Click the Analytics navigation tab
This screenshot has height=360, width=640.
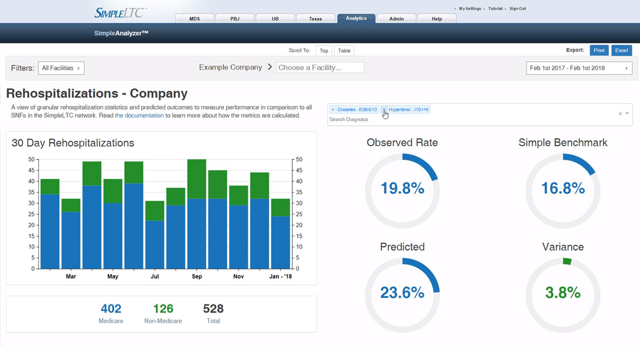click(356, 18)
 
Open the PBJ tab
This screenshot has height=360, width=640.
click(235, 19)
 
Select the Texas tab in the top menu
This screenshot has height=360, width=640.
click(315, 19)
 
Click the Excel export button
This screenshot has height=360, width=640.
click(621, 50)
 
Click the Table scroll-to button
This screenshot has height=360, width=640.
click(344, 51)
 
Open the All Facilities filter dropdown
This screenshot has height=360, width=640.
click(61, 68)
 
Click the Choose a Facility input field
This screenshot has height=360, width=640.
click(320, 68)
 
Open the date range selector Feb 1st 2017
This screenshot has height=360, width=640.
click(579, 68)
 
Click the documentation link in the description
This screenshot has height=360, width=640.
click(139, 115)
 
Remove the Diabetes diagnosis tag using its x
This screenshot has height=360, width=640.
click(333, 109)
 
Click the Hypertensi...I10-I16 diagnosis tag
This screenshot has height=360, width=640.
click(408, 109)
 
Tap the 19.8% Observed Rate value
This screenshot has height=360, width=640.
click(402, 188)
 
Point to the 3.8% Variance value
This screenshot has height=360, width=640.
click(563, 292)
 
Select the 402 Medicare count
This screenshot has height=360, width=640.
click(111, 308)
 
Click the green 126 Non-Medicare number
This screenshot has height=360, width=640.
click(163, 308)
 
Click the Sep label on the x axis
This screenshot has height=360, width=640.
click(197, 277)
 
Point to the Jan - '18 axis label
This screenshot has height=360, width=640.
click(281, 277)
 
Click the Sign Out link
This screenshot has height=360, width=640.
click(517, 9)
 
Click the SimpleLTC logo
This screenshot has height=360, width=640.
click(121, 12)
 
